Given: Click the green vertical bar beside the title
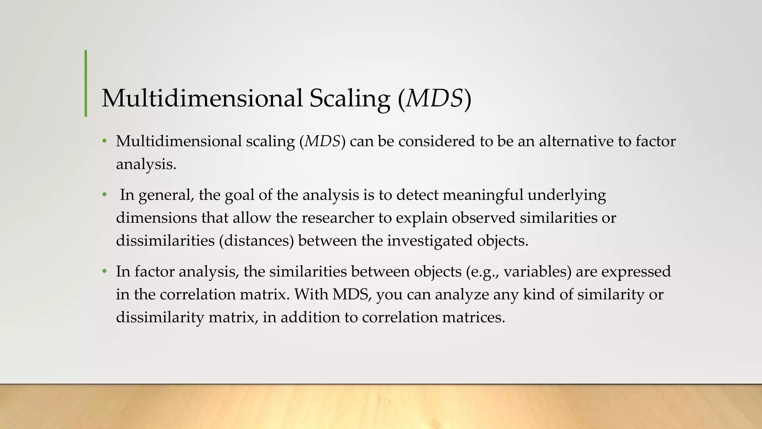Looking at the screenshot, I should [86, 83].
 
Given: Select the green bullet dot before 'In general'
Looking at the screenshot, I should [105, 195].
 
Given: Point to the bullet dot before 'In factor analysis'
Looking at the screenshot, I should [105, 271].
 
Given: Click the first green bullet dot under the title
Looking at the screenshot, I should [105, 141].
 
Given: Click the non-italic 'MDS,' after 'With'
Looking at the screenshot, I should [352, 295].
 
